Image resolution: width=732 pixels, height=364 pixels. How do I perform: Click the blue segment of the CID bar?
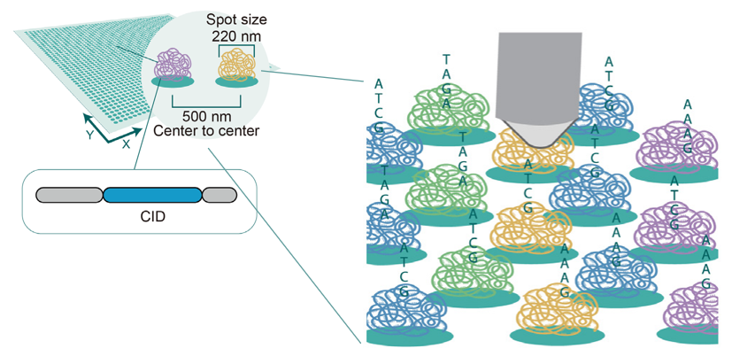(152, 195)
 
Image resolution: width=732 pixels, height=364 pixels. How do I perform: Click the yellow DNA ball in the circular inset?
(236, 64)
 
